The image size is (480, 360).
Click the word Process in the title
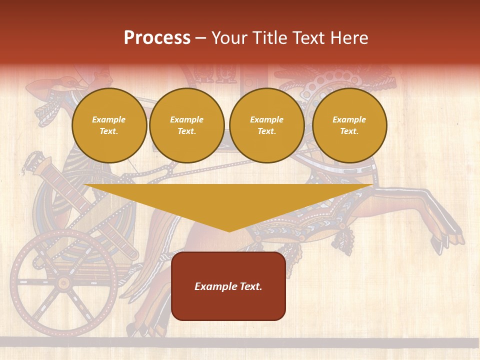pos(157,38)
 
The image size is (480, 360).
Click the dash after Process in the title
pos(201,38)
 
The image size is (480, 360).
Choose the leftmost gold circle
pos(109,125)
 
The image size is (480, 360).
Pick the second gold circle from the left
pos(187,125)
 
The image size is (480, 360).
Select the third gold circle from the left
pos(266,125)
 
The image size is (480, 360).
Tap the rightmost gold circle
pos(349,125)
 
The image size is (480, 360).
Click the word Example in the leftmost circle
pos(109,119)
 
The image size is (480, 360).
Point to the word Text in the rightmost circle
pos(349,131)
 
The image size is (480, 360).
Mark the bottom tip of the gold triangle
pos(229,231)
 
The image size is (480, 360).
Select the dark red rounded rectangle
pos(228,286)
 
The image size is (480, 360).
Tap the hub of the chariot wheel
pos(63,283)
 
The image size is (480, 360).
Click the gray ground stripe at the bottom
pos(240,342)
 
